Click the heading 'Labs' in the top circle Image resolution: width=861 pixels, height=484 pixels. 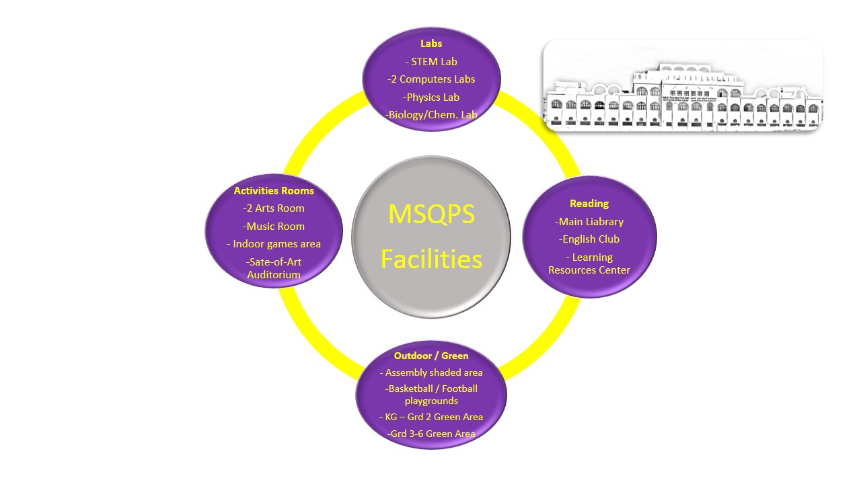431,44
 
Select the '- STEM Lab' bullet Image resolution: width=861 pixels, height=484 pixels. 431,62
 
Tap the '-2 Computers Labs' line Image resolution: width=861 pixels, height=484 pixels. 431,79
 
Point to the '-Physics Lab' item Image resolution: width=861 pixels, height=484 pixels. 431,97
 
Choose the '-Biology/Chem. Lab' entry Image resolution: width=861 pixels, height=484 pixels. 431,115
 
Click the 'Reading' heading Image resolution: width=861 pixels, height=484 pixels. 589,204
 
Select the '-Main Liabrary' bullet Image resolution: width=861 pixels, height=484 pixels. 589,222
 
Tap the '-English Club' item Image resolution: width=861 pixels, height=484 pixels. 589,239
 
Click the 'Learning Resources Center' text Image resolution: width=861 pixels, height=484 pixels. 589,264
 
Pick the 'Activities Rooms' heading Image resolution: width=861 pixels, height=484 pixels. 274,191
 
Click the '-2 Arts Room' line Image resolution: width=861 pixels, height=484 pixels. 274,208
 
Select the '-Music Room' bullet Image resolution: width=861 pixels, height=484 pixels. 274,227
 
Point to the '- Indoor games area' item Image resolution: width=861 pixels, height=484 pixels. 274,244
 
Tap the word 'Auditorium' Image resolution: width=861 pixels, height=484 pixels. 274,275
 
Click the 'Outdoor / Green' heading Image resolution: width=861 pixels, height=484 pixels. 431,356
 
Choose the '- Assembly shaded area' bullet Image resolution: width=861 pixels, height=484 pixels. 431,372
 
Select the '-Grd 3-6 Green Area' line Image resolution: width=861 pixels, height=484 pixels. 431,434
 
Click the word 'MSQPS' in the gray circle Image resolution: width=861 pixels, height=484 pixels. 431,214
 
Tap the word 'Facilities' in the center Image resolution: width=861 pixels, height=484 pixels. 431,259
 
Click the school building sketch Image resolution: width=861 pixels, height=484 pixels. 683,86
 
